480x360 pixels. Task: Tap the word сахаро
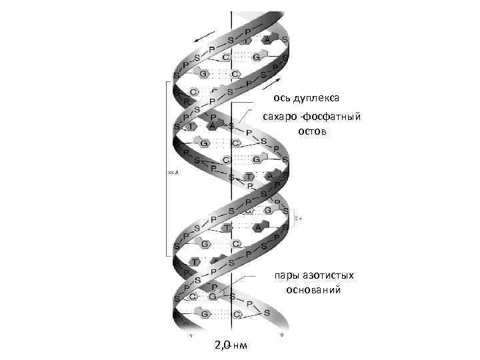pos(279,117)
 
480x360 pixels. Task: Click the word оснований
pos(313,290)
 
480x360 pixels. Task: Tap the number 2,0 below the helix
pos(223,345)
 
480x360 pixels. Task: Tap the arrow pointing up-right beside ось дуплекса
pos(272,83)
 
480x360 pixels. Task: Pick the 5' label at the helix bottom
pos(190,335)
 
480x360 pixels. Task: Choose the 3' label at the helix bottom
pos(283,335)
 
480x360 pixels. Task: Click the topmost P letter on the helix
pos(247,31)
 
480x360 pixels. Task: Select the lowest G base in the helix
pos(205,313)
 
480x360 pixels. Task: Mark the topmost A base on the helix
pos(267,40)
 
